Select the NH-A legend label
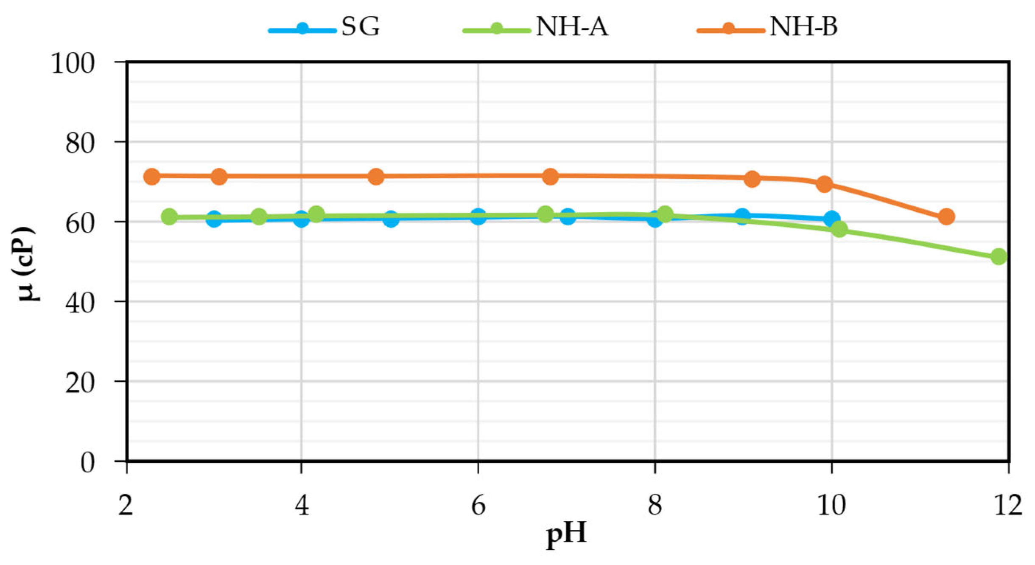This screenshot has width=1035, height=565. point(572,27)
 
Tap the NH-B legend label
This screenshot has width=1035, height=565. point(803,27)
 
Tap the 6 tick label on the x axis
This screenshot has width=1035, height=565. point(478,506)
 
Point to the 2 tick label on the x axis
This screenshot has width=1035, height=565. point(126,506)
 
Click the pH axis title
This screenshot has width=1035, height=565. point(566,533)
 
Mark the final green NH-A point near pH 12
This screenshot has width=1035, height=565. point(999,256)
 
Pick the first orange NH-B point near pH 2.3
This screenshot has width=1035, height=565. point(152,176)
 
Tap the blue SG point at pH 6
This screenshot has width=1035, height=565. point(478,216)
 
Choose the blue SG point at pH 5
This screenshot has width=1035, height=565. point(391,219)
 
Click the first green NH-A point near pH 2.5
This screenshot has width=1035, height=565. point(169,216)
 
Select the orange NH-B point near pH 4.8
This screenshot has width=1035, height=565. point(376,176)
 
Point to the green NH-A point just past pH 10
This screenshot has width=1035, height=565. point(839,230)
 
